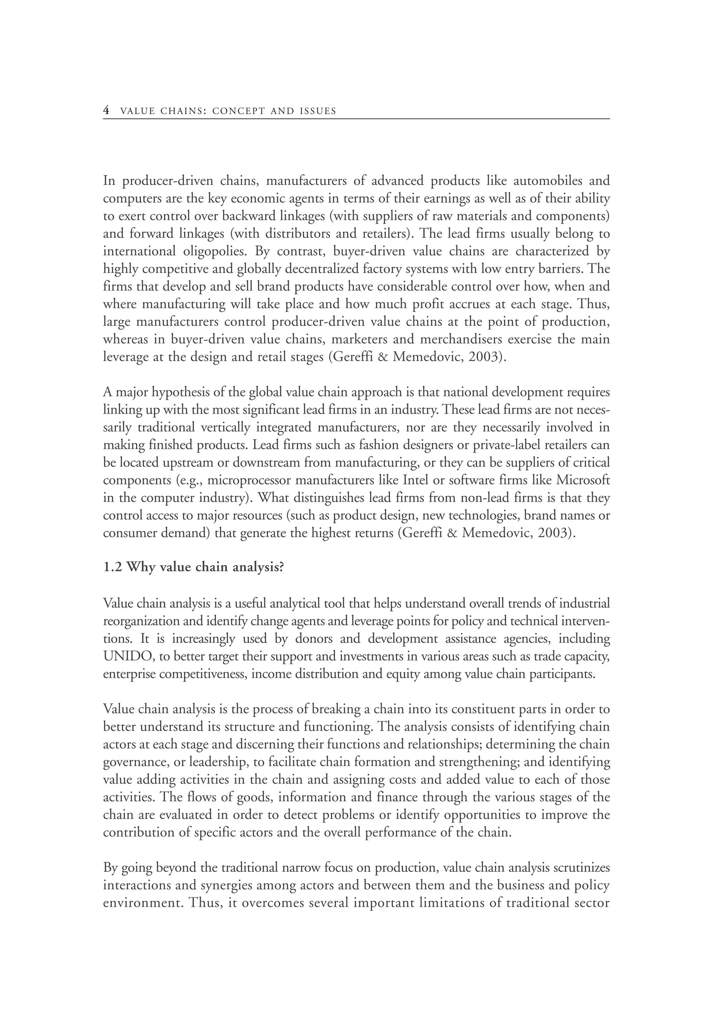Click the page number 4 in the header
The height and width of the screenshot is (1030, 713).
(106, 110)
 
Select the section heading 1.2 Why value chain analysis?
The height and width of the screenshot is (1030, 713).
(194, 567)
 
